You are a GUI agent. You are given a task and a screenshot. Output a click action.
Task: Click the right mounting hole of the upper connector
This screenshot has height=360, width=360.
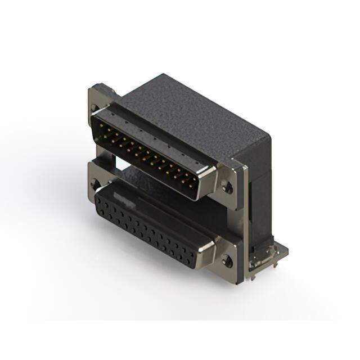[x=228, y=187]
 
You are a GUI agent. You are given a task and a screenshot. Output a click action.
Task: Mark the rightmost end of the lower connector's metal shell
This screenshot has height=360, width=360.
[x=213, y=247]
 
